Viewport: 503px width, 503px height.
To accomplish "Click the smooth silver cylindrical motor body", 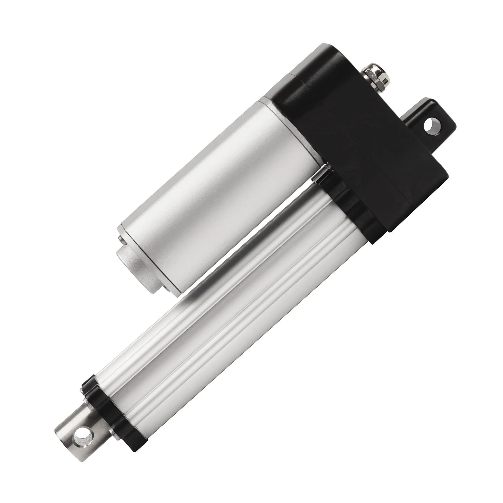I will [x=216, y=198].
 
